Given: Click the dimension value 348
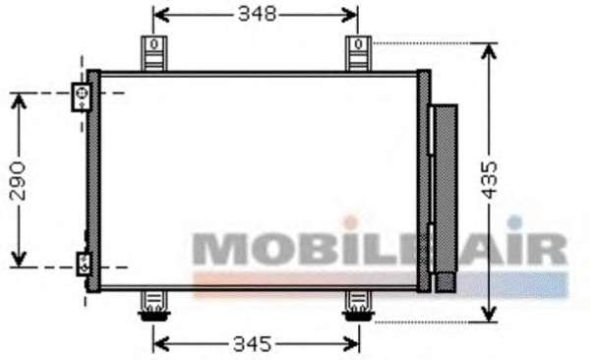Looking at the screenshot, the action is (257, 15).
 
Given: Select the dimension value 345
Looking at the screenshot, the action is (252, 344).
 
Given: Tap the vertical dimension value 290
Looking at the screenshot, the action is (18, 181).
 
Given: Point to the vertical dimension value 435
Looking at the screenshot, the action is (489, 180).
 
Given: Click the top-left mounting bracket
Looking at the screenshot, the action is (153, 53).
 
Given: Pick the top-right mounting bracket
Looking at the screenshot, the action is (358, 53).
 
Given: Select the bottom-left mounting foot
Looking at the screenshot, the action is (154, 306).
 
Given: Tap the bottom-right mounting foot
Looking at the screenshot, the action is (358, 306).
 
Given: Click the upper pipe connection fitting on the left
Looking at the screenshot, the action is (82, 97).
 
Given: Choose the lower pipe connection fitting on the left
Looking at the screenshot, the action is (84, 264).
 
